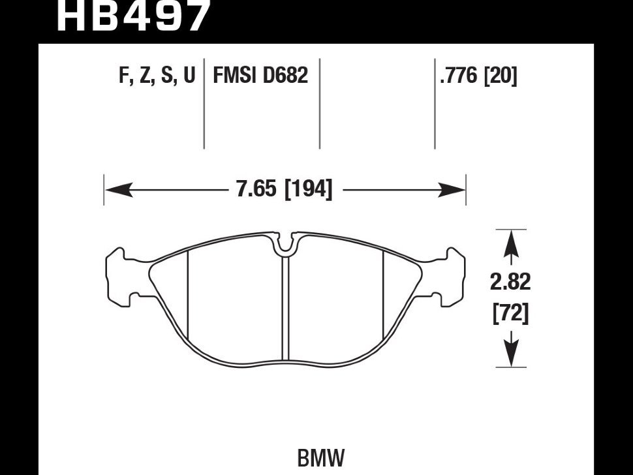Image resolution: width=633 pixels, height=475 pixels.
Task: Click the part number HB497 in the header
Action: [134, 16]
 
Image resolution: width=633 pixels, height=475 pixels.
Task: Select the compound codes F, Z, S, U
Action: [157, 76]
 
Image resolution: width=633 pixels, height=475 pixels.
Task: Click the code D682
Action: [285, 76]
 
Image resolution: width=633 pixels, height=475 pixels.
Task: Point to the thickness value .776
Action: [459, 76]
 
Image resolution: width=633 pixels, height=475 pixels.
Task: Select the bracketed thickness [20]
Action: [500, 76]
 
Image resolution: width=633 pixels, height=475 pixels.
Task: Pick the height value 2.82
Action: [510, 282]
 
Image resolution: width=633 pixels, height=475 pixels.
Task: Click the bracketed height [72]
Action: [510, 314]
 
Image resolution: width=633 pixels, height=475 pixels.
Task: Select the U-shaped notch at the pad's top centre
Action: [285, 245]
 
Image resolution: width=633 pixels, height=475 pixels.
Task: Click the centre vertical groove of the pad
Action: [285, 307]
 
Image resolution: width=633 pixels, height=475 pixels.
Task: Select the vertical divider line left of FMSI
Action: [204, 104]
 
